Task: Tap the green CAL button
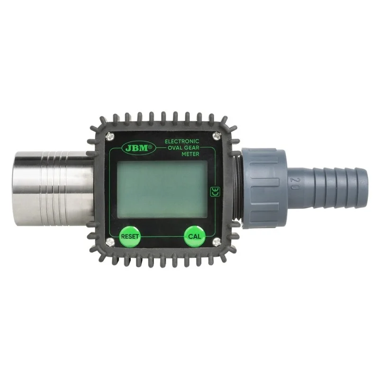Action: tap(195, 236)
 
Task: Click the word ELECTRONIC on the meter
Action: tap(182, 141)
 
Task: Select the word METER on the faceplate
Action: tap(190, 154)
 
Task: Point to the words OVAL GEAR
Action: tap(183, 147)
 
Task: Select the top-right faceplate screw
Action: tap(217, 135)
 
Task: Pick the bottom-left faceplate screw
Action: tap(110, 242)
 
